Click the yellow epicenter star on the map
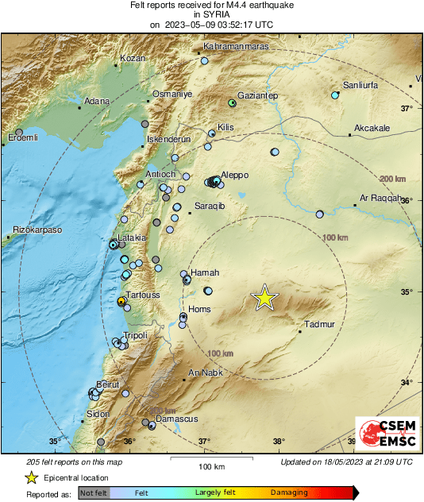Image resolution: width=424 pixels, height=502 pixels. pyautogui.click(x=265, y=298)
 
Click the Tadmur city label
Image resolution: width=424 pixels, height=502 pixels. pyautogui.click(x=321, y=324)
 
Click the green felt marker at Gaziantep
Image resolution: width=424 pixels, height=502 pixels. pyautogui.click(x=232, y=103)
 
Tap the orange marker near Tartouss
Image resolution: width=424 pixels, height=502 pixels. pyautogui.click(x=121, y=302)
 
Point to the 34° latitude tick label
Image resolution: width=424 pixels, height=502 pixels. pyautogui.click(x=407, y=384)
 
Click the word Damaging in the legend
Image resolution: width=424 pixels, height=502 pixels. pyautogui.click(x=289, y=492)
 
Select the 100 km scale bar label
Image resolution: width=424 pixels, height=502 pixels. pyautogui.click(x=210, y=465)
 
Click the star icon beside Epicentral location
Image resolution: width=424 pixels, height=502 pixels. pyautogui.click(x=32, y=477)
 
